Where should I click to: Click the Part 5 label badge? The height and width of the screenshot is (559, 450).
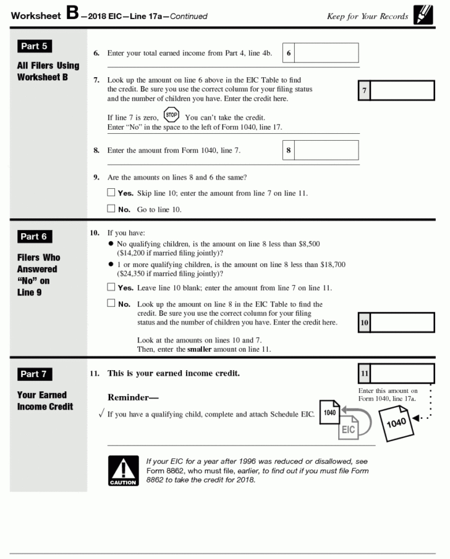point(33,46)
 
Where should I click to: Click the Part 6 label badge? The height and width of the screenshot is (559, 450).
point(33,237)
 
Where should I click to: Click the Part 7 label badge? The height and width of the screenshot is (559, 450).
point(33,375)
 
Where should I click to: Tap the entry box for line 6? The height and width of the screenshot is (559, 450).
point(326,53)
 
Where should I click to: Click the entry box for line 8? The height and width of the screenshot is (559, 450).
point(326,150)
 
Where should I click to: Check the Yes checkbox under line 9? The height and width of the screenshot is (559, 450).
point(111,193)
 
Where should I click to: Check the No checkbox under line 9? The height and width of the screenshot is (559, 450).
point(111,209)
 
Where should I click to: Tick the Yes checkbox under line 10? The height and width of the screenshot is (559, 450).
point(111,288)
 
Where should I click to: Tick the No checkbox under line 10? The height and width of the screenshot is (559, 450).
point(111,304)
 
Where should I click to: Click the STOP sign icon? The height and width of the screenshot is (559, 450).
point(171,115)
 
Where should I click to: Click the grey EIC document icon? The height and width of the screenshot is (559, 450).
point(348,429)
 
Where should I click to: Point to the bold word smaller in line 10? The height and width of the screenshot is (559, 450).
point(200,350)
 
